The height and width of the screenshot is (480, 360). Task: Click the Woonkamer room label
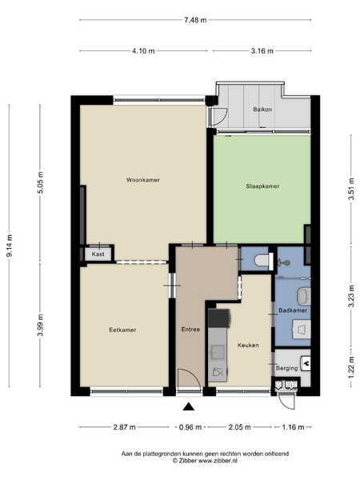[143, 180]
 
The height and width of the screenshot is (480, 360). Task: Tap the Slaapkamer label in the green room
[262, 186]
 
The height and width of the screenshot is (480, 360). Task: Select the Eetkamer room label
[122, 330]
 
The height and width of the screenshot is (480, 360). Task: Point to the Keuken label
[248, 345]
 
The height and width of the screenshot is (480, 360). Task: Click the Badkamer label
[293, 310]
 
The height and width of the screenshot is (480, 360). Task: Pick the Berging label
[287, 368]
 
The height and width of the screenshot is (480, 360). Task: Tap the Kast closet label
[98, 254]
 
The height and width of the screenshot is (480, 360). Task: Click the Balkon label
[262, 110]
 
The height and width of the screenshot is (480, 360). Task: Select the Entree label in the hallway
[190, 330]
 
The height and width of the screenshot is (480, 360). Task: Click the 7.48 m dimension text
[195, 20]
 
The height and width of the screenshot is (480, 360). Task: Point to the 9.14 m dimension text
[10, 246]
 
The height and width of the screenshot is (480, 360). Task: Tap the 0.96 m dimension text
[190, 427]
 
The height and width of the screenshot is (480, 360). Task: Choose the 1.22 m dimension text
[352, 368]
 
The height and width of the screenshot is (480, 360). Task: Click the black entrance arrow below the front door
[189, 406]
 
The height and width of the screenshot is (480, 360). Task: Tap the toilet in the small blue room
[263, 261]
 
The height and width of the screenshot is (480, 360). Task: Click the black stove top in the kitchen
[219, 318]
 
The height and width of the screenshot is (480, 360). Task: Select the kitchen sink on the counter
[217, 352]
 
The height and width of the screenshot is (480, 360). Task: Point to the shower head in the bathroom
[286, 263]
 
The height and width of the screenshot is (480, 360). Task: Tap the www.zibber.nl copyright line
[205, 461]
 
